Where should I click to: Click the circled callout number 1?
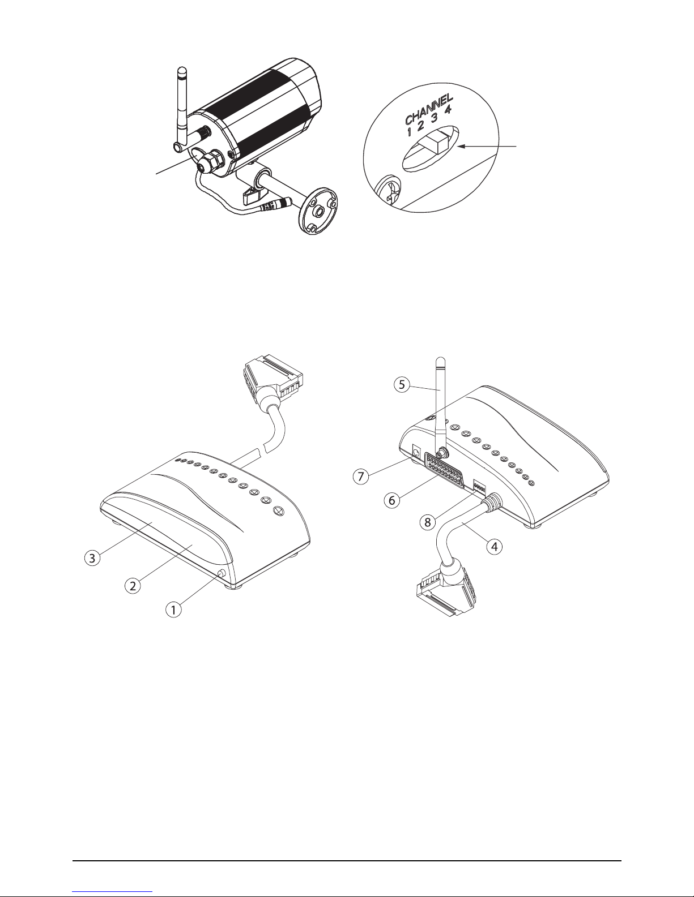174,610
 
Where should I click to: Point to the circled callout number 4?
496,547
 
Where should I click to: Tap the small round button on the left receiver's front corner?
220,574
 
